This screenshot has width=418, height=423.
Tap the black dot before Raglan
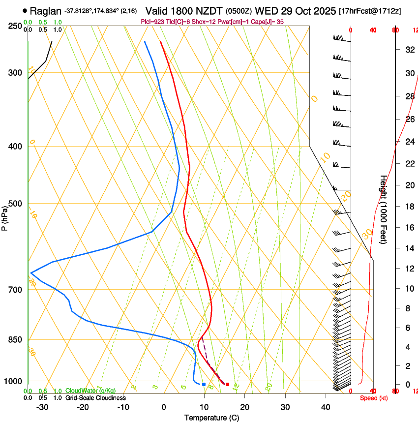click(x=25, y=10)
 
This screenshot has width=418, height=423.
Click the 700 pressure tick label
click(x=16, y=289)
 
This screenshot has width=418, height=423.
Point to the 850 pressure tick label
click(x=16, y=340)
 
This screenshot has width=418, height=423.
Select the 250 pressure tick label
click(x=16, y=26)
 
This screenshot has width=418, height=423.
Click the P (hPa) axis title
click(x=5, y=216)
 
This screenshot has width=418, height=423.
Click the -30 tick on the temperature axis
click(x=42, y=407)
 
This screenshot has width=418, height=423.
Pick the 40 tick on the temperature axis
click(x=326, y=407)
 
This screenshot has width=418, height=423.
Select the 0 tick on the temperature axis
click(x=164, y=407)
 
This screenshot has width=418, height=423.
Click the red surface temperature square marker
click(x=227, y=384)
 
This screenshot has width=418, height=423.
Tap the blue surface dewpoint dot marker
click(x=204, y=384)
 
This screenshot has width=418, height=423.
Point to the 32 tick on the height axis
click(x=409, y=50)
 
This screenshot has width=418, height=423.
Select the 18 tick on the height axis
click(x=409, y=207)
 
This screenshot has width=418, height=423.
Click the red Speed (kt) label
click(x=371, y=398)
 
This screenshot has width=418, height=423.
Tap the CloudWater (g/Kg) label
click(x=90, y=391)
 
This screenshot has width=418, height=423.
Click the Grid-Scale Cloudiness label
click(x=95, y=398)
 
